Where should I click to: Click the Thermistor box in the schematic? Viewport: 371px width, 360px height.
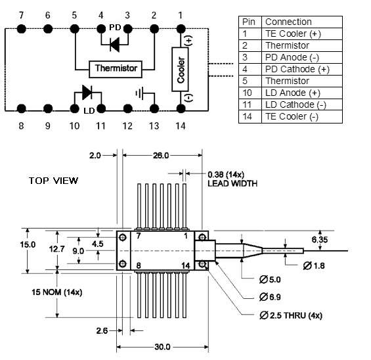point(116,69)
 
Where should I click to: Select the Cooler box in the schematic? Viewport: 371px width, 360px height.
point(181,70)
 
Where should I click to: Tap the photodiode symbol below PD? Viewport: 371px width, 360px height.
point(115,45)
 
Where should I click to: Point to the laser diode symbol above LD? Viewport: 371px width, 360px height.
point(87,93)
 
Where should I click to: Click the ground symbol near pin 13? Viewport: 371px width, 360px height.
point(139,93)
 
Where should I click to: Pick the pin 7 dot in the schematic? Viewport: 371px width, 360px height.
point(22,29)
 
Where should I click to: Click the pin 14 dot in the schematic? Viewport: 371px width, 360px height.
point(181,109)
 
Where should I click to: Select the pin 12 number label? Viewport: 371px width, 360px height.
point(127,126)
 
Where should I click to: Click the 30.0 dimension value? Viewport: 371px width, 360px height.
point(163,347)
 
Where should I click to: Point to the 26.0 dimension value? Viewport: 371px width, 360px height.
point(161,156)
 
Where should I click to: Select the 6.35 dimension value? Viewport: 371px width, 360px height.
point(320,240)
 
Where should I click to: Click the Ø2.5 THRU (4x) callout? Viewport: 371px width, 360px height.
point(291,315)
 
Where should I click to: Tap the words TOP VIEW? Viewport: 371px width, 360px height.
point(53,181)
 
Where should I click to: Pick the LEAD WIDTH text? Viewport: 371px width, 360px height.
point(232,183)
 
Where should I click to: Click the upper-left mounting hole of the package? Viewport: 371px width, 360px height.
point(123,237)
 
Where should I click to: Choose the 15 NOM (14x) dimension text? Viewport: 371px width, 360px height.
point(57,292)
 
